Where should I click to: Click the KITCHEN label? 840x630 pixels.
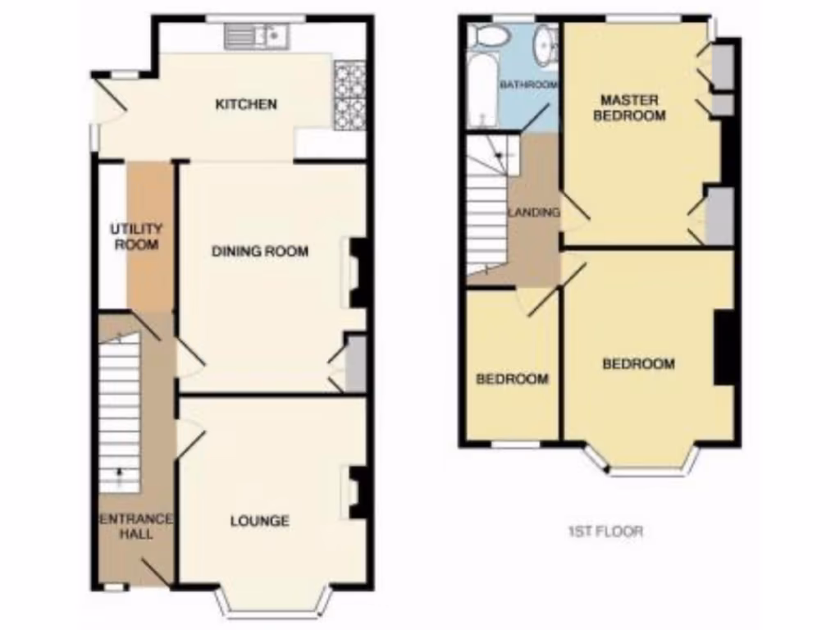click(245, 104)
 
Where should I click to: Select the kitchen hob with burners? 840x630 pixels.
click(348, 96)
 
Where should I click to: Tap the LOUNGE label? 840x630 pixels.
click(259, 520)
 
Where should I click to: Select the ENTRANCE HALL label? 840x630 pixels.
click(136, 526)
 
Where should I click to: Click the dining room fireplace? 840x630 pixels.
click(358, 272)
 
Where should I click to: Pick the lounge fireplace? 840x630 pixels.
click(358, 492)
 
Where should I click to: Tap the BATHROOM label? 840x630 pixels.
click(528, 84)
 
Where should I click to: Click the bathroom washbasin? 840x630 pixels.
click(543, 45)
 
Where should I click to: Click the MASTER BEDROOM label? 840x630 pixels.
click(629, 107)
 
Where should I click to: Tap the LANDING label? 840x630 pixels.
click(534, 212)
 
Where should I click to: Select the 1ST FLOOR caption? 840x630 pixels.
click(605, 531)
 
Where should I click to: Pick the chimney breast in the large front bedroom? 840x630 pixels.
click(723, 347)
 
